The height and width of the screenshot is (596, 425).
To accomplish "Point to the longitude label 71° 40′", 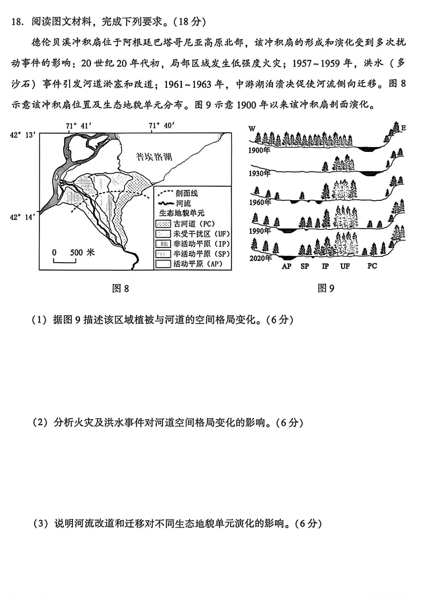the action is tap(161, 126).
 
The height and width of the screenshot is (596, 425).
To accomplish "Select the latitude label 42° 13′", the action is tap(23, 135).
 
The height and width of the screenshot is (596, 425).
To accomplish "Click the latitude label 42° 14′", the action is tap(23, 217).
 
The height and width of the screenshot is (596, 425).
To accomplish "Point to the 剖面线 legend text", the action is tap(187, 194).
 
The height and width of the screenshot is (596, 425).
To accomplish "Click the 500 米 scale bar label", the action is tap(82, 253).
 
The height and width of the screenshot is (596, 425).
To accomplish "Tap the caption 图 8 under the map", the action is tap(120, 289).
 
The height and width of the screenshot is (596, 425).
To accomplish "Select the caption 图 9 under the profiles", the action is tap(326, 289).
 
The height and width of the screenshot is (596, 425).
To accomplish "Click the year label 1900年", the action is tap(259, 150).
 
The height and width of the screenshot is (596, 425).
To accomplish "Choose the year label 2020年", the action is tap(260, 258).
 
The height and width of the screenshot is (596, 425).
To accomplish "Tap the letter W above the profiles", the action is tap(252, 128).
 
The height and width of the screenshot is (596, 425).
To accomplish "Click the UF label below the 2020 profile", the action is tap(345, 266).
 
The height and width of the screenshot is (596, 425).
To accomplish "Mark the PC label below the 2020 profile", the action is tap(372, 266).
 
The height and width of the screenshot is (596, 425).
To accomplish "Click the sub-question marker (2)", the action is tap(40, 423).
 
